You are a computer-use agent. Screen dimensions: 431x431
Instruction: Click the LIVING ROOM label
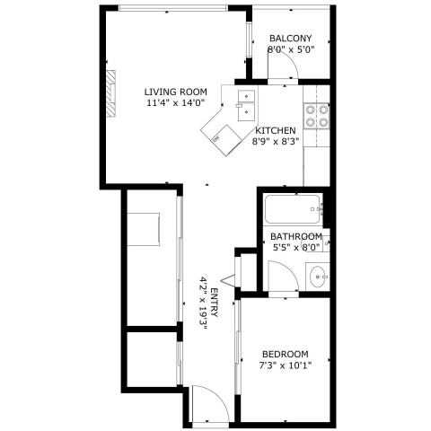click(x=176, y=92)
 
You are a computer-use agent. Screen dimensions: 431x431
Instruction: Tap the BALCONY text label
click(x=291, y=39)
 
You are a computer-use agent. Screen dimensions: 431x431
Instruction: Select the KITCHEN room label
click(x=276, y=130)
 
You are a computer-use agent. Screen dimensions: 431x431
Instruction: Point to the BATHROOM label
click(x=296, y=236)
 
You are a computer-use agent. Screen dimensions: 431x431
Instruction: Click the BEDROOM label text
click(x=286, y=355)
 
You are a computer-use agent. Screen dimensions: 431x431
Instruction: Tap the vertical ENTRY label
click(x=215, y=303)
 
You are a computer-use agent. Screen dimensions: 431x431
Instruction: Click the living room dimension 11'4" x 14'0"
click(x=176, y=103)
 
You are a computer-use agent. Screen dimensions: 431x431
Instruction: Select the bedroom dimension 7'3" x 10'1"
click(x=286, y=365)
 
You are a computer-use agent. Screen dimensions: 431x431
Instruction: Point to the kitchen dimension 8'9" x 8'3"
click(x=276, y=142)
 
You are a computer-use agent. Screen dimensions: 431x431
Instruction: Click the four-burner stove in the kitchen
click(x=317, y=116)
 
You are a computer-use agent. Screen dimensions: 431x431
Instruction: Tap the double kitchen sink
click(x=246, y=106)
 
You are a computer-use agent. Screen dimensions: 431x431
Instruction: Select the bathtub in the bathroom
click(x=293, y=209)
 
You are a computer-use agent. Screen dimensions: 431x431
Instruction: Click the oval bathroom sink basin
click(x=317, y=277)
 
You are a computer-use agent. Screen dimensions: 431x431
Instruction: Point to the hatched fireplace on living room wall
click(x=111, y=93)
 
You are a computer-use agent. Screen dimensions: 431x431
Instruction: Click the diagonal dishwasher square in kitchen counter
click(x=226, y=140)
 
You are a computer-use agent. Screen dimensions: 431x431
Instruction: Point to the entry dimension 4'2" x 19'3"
click(x=204, y=303)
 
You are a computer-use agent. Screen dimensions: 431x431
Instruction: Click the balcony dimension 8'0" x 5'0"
click(x=291, y=49)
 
